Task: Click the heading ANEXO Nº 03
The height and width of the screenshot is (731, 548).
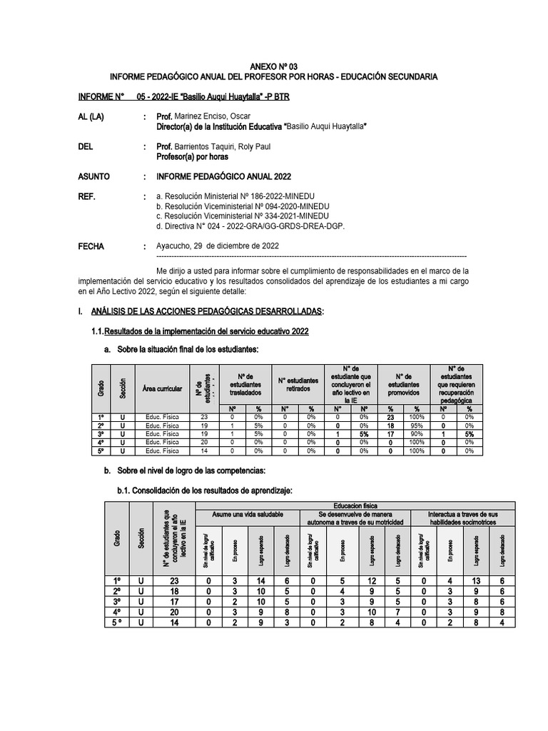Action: (x=274, y=65)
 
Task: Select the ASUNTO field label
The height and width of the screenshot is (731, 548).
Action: (x=94, y=176)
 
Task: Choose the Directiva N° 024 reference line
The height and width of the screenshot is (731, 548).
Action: (x=250, y=226)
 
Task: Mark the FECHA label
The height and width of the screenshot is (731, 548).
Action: (x=91, y=246)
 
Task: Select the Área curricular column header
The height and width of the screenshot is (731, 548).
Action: (x=162, y=388)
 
